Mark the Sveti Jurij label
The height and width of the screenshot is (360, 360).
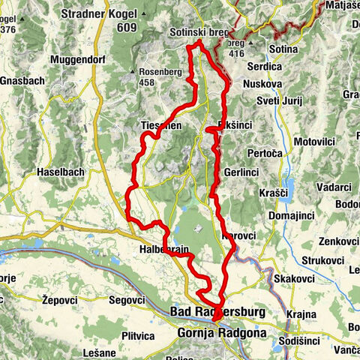277,100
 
